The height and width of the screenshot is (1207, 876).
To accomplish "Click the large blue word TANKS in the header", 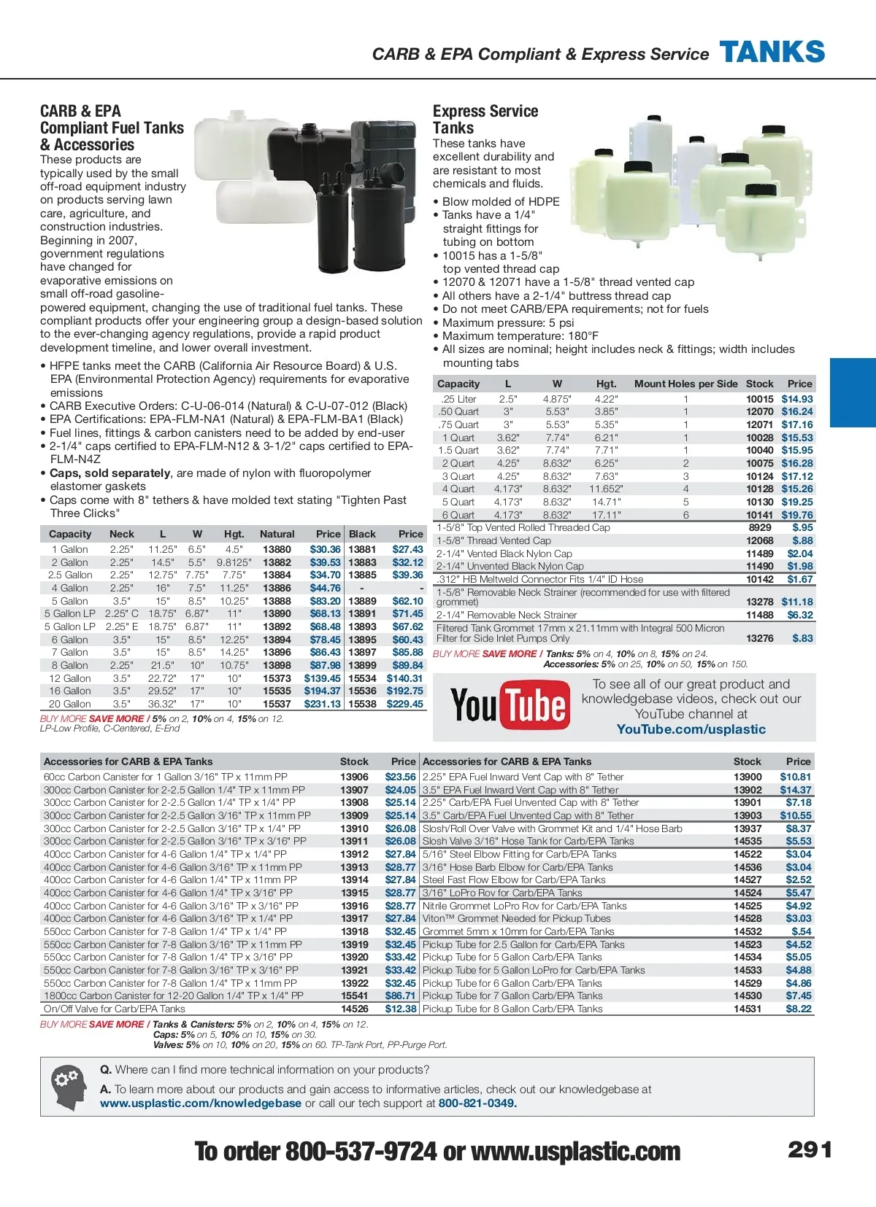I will pyautogui.click(x=772, y=53).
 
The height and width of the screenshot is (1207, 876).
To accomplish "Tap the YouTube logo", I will pyautogui.click(x=510, y=705).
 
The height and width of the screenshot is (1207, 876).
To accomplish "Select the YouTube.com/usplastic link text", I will pyautogui.click(x=691, y=729).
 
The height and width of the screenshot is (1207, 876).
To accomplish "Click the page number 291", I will pyautogui.click(x=810, y=1150).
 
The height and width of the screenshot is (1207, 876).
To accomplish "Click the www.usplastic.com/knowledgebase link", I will pyautogui.click(x=201, y=1103).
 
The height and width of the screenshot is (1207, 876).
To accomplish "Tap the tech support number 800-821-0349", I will pyautogui.click(x=477, y=1103).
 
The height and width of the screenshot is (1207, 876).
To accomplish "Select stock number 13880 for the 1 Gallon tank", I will pyautogui.click(x=277, y=549).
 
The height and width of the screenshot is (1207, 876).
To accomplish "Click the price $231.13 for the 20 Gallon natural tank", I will pyautogui.click(x=322, y=704).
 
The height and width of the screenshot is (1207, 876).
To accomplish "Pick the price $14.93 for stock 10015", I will pyautogui.click(x=796, y=399).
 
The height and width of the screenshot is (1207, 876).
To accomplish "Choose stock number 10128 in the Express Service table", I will pyautogui.click(x=759, y=489).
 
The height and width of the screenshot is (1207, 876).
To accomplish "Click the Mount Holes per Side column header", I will pyautogui.click(x=685, y=384).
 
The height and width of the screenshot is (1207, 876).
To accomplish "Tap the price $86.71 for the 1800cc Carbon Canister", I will pyautogui.click(x=400, y=996).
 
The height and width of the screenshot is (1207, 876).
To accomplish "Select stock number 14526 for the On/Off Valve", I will pyautogui.click(x=355, y=1009).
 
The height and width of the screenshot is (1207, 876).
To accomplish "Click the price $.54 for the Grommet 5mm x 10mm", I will pyautogui.click(x=801, y=931).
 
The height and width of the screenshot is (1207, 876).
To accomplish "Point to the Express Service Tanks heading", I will pyautogui.click(x=485, y=119).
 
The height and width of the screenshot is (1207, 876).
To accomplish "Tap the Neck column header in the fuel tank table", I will pyautogui.click(x=122, y=534).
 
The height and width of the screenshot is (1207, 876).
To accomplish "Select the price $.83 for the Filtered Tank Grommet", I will pyautogui.click(x=802, y=638).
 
